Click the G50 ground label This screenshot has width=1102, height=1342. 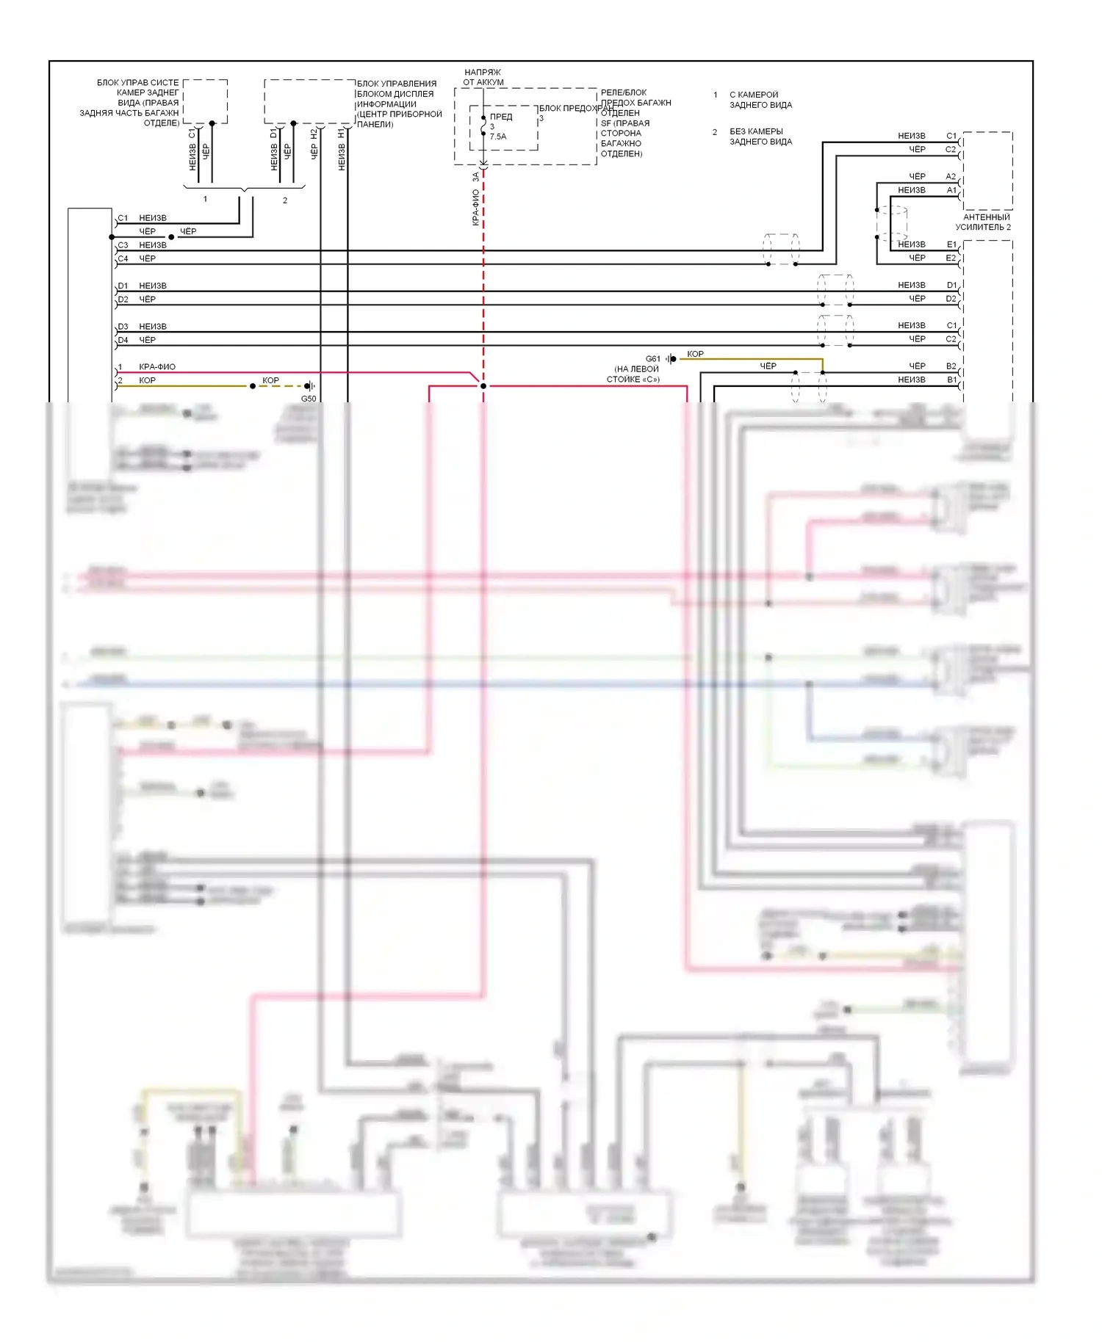(x=309, y=399)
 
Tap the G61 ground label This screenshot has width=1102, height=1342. (x=652, y=359)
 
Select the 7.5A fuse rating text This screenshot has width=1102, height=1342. (x=498, y=137)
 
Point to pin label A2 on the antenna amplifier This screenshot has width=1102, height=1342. (x=951, y=176)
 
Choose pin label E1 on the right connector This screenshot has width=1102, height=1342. (x=951, y=244)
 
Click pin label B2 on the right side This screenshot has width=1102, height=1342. (x=951, y=366)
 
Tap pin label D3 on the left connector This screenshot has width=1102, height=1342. (x=123, y=327)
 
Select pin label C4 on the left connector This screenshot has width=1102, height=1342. (x=123, y=258)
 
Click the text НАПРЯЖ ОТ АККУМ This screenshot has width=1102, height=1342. (x=483, y=77)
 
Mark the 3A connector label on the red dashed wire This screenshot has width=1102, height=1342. (x=475, y=177)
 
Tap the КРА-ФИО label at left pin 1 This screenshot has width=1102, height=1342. (x=157, y=366)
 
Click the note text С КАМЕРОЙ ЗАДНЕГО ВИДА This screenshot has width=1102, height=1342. (x=760, y=100)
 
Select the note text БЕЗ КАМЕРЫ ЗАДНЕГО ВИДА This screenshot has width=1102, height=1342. (x=760, y=137)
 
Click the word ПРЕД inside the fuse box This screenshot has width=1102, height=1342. (x=501, y=117)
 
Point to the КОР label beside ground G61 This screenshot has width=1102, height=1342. (x=695, y=354)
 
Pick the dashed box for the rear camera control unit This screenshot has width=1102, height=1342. (x=205, y=101)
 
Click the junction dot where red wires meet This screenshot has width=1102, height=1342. (x=483, y=386)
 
